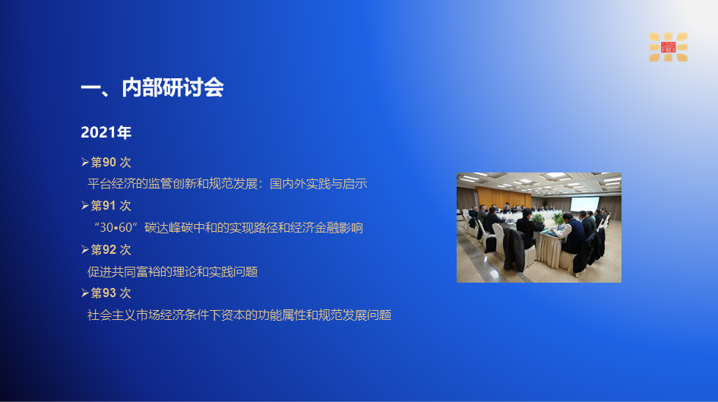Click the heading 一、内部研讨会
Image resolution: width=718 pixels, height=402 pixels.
pos(152,87)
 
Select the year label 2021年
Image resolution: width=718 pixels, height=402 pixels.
pos(106,132)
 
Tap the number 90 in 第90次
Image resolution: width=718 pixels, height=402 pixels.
pos(109,162)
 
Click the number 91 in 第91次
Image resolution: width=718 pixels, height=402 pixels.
pos(109,206)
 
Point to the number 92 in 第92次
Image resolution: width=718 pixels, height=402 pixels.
pos(109,249)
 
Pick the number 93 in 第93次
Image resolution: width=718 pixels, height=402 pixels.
pos(109,293)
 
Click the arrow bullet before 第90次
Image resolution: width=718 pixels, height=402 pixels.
pos(84,162)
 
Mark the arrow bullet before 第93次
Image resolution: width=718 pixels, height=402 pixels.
pos(84,293)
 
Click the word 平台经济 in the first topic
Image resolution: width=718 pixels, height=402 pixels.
pos(112,184)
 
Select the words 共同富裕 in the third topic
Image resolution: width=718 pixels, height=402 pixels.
pos(136,271)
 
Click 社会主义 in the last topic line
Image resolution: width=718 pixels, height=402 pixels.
pos(112,315)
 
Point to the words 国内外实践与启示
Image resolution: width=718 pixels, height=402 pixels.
pos(318,184)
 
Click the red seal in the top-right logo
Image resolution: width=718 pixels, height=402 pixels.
pos(669,46)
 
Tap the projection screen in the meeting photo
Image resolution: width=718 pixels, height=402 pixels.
pos(584,204)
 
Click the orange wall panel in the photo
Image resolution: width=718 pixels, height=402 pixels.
pos(504,195)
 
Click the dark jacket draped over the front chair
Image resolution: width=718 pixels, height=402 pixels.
pos(514,250)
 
